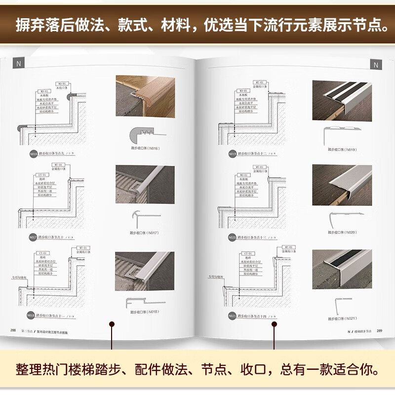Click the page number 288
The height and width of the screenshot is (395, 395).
coord(13,330)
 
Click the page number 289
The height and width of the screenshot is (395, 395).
coord(379,330)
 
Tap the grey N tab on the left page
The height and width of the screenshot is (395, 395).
coord(19,63)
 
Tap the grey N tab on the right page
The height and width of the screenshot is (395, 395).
coord(375,65)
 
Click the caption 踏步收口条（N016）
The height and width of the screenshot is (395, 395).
coord(145,149)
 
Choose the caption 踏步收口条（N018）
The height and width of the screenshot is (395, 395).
coord(145,312)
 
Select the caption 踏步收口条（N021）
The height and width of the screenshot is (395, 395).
coord(341,317)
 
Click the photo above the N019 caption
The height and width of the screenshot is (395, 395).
coord(341,101)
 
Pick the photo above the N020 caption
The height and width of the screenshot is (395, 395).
coord(341,185)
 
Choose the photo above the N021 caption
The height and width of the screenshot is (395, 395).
coord(341,269)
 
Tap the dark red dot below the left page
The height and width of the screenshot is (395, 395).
coord(112,324)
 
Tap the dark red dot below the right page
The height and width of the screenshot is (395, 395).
coord(275,324)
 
